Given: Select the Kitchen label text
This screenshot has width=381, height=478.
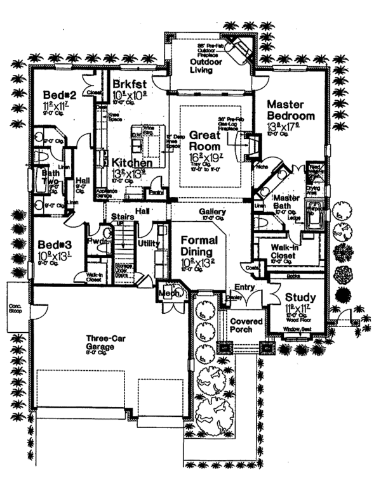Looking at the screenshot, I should pyautogui.click(x=132, y=163).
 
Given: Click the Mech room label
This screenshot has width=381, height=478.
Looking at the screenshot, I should pyautogui.click(x=167, y=293).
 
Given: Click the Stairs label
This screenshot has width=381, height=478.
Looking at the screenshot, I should pyautogui.click(x=121, y=217).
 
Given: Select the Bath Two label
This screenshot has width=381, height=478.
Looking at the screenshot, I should pyautogui.click(x=50, y=176).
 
